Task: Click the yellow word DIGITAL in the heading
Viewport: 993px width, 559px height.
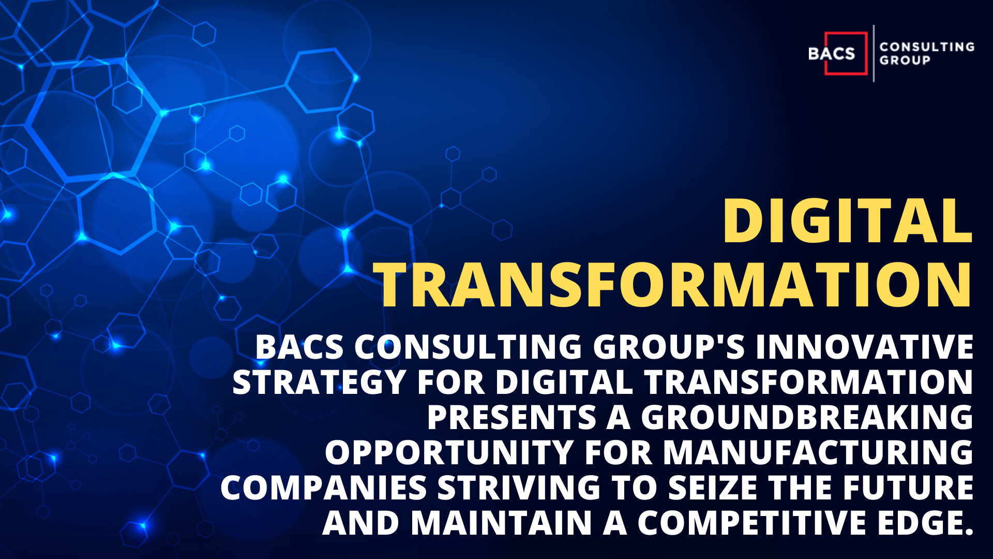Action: (x=848, y=221)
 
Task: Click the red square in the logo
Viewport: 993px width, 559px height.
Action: (x=846, y=53)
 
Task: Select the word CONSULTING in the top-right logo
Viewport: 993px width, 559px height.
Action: (x=927, y=47)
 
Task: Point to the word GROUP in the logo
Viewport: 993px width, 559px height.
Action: (x=905, y=60)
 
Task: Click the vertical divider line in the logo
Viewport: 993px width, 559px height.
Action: (x=874, y=53)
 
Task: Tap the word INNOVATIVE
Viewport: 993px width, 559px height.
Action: (x=865, y=346)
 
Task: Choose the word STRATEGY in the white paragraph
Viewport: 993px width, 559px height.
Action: (x=319, y=383)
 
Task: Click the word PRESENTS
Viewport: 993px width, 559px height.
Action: (x=512, y=417)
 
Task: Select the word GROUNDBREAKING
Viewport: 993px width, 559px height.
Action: (x=807, y=417)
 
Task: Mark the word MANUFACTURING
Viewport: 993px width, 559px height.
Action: (x=818, y=452)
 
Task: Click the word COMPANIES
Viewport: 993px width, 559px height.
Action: (x=324, y=488)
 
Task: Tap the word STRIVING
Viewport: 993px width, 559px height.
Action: (x=519, y=488)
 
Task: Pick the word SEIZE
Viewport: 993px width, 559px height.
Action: (x=712, y=488)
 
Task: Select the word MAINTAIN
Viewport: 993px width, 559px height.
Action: (x=501, y=523)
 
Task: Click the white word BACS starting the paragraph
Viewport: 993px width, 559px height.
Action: (x=300, y=346)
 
